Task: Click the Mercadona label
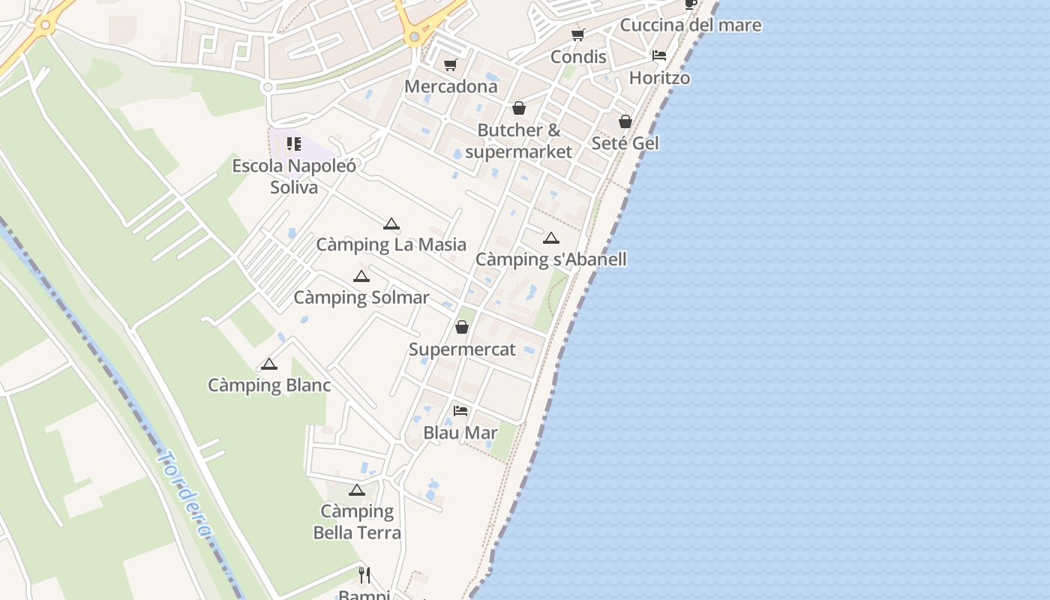(451, 86)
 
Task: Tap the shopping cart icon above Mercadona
(450, 65)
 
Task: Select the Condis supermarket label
(578, 57)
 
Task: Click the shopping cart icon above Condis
(578, 34)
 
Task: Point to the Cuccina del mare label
(691, 25)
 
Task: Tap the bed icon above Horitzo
(659, 55)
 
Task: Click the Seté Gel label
(625, 142)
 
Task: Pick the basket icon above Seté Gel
(625, 121)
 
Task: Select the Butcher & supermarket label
(518, 140)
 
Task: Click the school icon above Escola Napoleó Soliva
(294, 143)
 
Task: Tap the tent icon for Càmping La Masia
(391, 223)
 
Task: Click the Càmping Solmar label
(361, 297)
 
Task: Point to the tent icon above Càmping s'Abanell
(551, 238)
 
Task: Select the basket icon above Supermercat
(462, 328)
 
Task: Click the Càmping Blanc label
(269, 385)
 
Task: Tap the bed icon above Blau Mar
(460, 411)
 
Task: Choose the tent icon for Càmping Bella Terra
(357, 490)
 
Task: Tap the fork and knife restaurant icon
(364, 575)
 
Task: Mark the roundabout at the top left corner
(46, 25)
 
